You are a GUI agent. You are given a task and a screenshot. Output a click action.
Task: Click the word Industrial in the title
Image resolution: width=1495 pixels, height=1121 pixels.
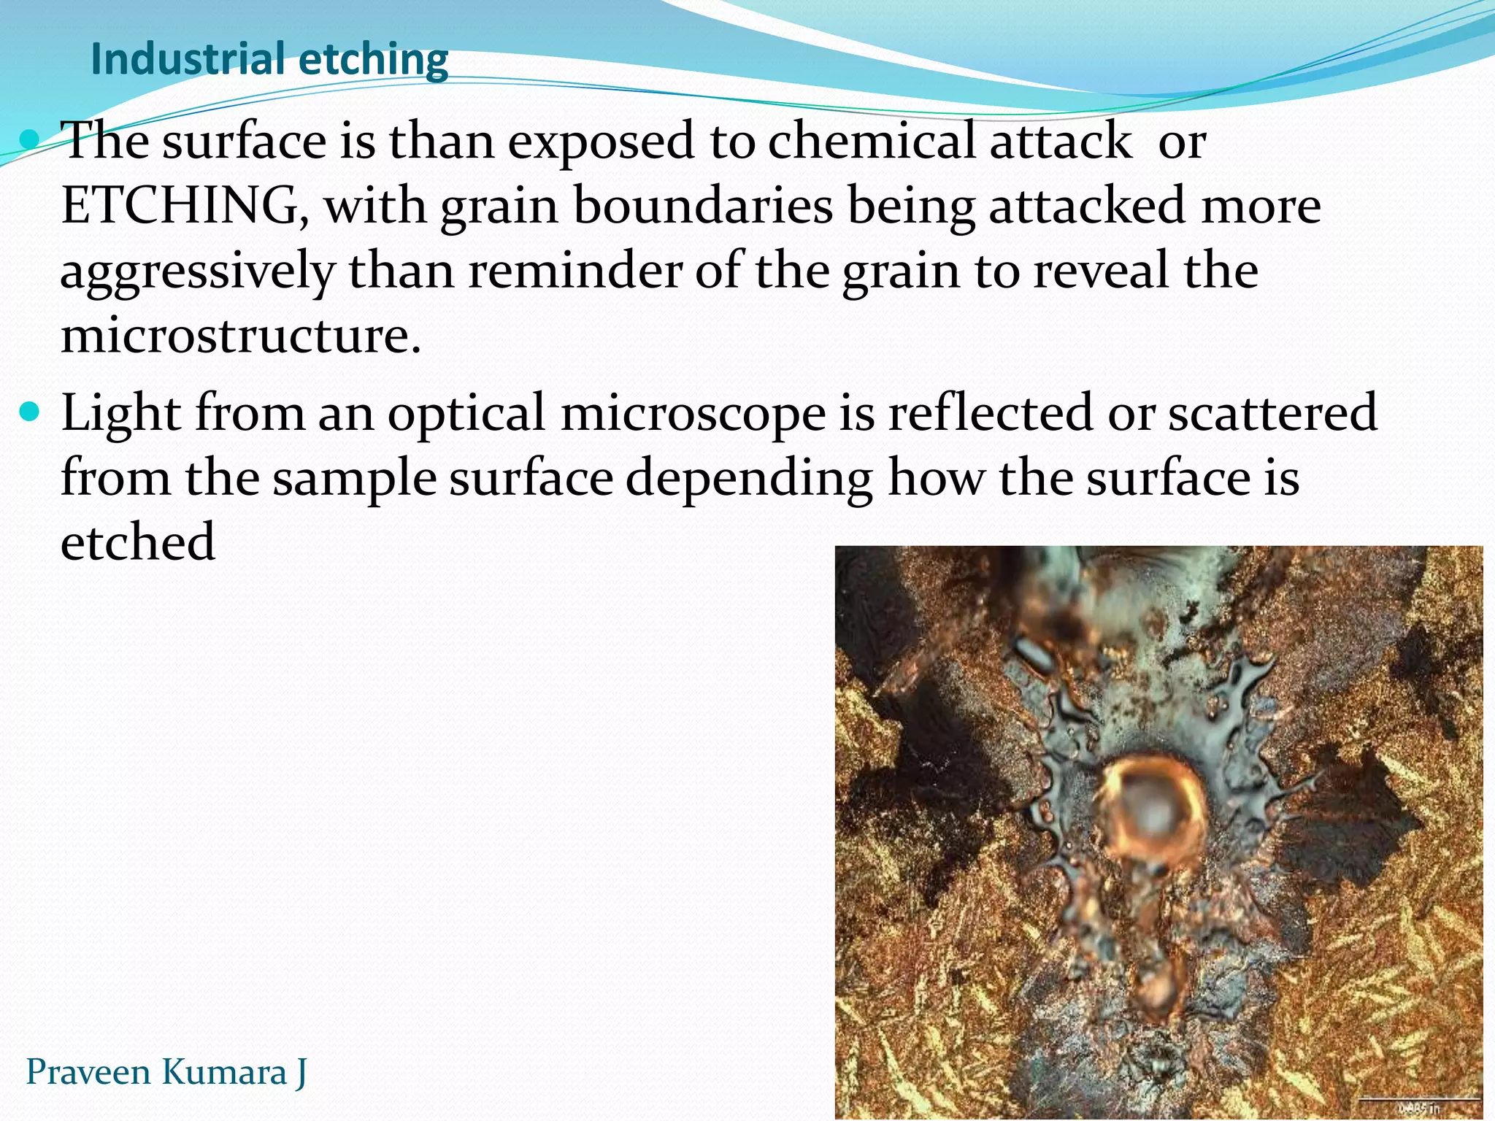click(187, 59)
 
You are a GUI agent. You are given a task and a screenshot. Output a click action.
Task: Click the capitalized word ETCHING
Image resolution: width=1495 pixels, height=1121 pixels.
click(180, 206)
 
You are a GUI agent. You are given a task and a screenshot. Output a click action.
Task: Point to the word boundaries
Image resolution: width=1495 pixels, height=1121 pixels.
click(703, 206)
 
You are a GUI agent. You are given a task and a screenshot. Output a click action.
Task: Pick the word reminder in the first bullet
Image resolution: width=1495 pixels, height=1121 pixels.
click(574, 271)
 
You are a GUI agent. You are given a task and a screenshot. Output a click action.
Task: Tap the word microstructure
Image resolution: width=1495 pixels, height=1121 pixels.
click(241, 336)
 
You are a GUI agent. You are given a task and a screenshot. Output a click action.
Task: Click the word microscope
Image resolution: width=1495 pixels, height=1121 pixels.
click(693, 414)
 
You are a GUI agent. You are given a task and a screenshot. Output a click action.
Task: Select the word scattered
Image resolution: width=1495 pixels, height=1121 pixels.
click(1272, 413)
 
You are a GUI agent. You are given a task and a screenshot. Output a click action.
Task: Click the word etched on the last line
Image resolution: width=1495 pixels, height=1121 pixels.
click(138, 542)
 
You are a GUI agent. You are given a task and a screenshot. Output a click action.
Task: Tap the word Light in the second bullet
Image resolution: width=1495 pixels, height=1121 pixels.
click(121, 414)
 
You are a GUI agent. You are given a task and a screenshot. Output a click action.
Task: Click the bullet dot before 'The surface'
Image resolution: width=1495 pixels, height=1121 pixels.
click(31, 139)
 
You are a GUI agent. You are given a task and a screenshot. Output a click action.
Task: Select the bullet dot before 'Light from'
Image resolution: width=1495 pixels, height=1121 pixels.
click(31, 413)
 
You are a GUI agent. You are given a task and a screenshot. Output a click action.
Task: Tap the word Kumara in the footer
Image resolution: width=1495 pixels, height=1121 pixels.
click(223, 1072)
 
